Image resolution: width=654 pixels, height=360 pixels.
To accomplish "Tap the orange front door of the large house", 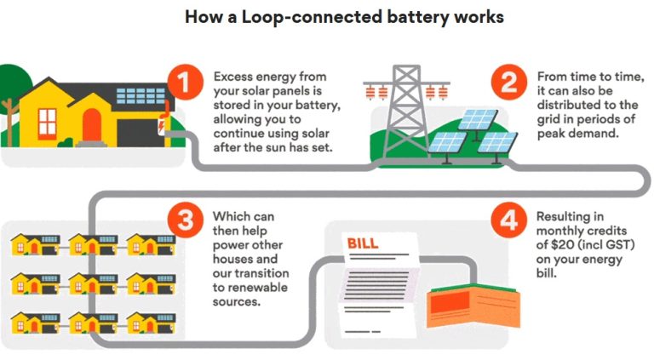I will [x=91, y=127].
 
